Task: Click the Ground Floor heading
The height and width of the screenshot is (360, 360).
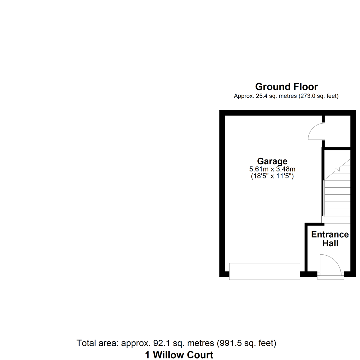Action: (x=286, y=87)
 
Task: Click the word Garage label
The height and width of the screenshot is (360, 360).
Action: (x=272, y=161)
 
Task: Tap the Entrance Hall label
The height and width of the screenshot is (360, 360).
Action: (x=330, y=239)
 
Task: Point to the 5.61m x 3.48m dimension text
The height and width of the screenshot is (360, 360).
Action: (x=272, y=169)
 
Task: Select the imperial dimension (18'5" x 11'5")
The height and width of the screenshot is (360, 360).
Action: (x=272, y=176)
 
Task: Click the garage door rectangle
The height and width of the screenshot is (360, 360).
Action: (x=264, y=271)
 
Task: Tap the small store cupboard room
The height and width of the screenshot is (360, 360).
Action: (x=337, y=131)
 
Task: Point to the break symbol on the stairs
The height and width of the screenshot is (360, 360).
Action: (x=337, y=170)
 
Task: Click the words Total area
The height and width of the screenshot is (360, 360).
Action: (x=97, y=343)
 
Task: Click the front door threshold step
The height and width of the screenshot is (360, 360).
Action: (x=330, y=277)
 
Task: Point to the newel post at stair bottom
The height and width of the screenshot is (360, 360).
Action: (x=324, y=216)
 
